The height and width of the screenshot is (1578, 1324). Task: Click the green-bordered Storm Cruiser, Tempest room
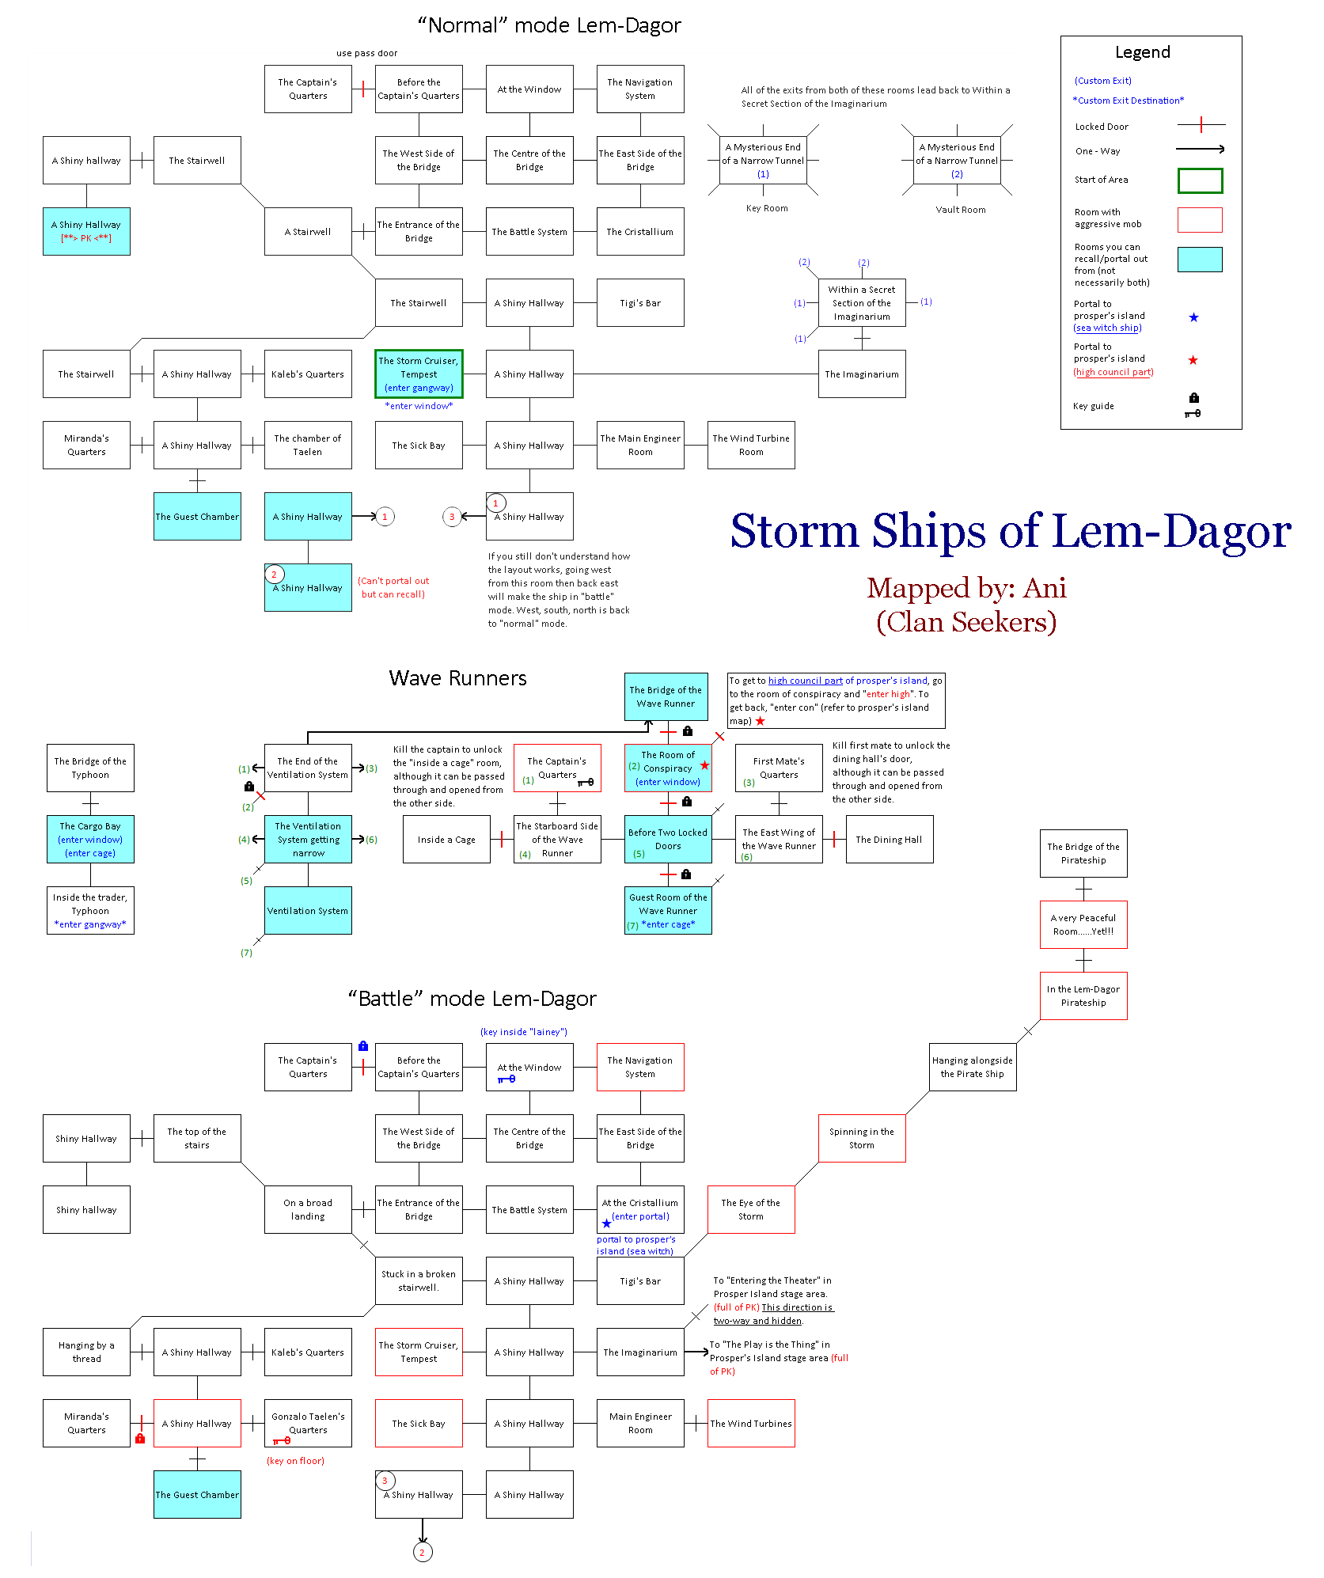point(419,374)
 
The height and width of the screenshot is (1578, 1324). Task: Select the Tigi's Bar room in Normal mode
point(640,303)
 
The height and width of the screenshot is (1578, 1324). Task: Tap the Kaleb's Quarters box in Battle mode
point(308,1352)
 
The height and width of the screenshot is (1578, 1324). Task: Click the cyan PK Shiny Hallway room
point(86,231)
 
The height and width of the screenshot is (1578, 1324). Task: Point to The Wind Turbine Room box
point(751,445)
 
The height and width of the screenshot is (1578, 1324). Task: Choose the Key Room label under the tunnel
point(766,208)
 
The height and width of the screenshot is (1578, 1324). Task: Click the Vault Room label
point(960,210)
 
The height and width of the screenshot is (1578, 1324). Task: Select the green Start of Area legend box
point(1200,180)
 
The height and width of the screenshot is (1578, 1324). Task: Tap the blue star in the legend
point(1193,317)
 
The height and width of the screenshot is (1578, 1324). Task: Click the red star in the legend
point(1193,360)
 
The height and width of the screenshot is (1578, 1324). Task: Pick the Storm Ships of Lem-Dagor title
point(1010,530)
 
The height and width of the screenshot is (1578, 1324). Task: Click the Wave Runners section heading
point(457,678)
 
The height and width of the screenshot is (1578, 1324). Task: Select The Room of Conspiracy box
point(668,768)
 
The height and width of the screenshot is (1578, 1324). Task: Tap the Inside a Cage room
point(446,840)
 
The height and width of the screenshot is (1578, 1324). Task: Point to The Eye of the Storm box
point(750,1209)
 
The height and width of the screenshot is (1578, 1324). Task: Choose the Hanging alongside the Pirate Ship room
point(972,1067)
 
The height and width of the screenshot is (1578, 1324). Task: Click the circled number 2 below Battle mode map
point(423,1552)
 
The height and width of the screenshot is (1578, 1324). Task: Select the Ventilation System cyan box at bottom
point(308,911)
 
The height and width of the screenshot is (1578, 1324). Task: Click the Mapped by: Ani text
point(966,588)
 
